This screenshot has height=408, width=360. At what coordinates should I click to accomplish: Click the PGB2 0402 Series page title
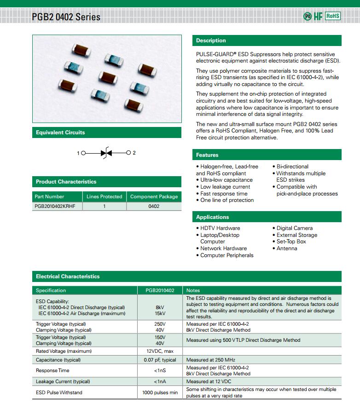(66, 17)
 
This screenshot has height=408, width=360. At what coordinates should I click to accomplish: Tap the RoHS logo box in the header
(332, 16)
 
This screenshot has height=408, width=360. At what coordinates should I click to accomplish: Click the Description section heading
(211, 40)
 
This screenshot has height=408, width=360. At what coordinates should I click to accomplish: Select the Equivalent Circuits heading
(60, 132)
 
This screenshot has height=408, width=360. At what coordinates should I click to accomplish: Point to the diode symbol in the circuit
(106, 153)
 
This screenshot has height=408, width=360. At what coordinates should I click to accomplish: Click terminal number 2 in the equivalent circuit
(134, 153)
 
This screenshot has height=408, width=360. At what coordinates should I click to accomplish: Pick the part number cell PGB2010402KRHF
(55, 206)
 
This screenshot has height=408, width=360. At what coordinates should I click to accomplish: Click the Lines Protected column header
(104, 196)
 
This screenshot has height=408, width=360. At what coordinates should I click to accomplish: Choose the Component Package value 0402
(154, 206)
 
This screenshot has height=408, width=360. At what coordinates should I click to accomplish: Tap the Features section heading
(207, 155)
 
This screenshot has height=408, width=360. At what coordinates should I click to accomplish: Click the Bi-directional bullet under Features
(292, 167)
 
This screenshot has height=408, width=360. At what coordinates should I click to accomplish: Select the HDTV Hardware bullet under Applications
(220, 228)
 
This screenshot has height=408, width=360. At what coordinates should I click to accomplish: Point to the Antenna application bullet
(287, 248)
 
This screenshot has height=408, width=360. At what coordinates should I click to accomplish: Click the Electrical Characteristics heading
(68, 276)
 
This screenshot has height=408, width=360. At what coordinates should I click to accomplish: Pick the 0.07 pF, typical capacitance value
(160, 360)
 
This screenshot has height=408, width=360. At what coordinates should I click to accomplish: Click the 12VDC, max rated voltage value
(160, 351)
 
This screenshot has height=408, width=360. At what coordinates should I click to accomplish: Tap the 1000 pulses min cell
(160, 393)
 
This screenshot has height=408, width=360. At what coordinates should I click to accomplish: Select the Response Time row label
(52, 370)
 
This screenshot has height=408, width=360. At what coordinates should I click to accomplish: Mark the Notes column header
(193, 290)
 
